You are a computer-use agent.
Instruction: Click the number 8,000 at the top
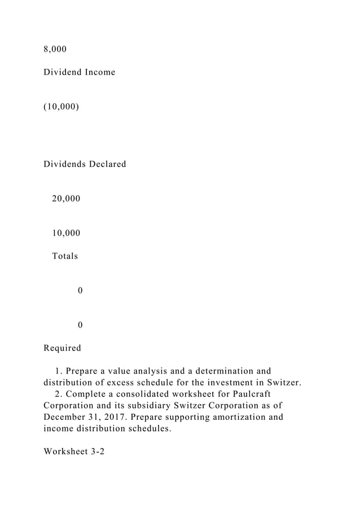tap(55, 49)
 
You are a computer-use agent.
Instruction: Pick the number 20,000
tap(66, 199)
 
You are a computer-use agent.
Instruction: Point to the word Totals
tap(65, 256)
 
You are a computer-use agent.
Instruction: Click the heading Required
tap(62, 348)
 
